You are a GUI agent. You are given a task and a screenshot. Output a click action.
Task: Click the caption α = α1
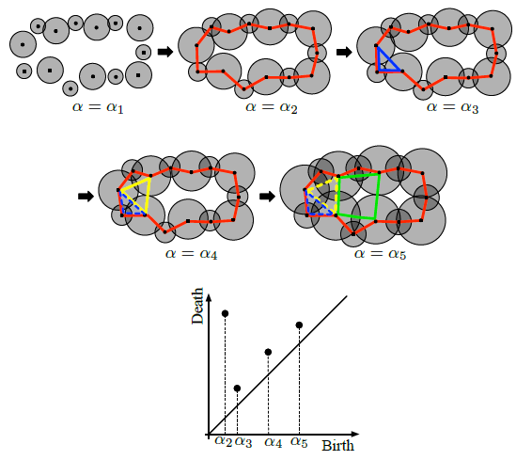[x=98, y=107]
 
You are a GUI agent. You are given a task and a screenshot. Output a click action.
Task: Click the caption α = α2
[x=272, y=107]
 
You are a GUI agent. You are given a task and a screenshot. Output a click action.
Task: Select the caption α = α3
[x=453, y=107]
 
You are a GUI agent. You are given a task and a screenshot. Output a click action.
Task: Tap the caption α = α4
[x=192, y=254]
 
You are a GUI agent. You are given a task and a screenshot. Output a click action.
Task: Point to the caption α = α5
[x=380, y=254]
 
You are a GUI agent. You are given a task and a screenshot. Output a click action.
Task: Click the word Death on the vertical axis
[x=197, y=306]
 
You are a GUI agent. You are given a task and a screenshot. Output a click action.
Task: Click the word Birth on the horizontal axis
[x=337, y=446]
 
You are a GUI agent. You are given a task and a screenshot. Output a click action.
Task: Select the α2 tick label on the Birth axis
[x=224, y=442]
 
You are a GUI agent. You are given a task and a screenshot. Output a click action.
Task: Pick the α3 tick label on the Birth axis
[x=243, y=442]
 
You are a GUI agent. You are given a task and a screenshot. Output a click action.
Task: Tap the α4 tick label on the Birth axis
[x=274, y=442]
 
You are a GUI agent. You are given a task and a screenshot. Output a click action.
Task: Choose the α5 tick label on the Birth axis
[x=299, y=442]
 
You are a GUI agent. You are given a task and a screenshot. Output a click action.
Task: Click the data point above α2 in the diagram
[x=225, y=313]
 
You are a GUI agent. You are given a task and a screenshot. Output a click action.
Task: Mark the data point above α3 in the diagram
[x=237, y=388]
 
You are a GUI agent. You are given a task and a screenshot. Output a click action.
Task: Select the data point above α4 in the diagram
[x=268, y=352]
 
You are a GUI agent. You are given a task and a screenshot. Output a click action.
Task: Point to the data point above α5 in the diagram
[x=299, y=325]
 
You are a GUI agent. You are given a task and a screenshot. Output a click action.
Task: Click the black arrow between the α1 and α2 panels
[x=165, y=52]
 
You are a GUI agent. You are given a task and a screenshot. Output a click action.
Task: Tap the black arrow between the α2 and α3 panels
[x=344, y=53]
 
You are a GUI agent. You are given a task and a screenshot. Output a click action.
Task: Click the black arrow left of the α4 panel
[x=86, y=197]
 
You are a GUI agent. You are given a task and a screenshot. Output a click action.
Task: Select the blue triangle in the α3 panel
[x=378, y=59]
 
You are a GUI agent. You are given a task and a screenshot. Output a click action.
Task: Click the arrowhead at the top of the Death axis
[x=209, y=297]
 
